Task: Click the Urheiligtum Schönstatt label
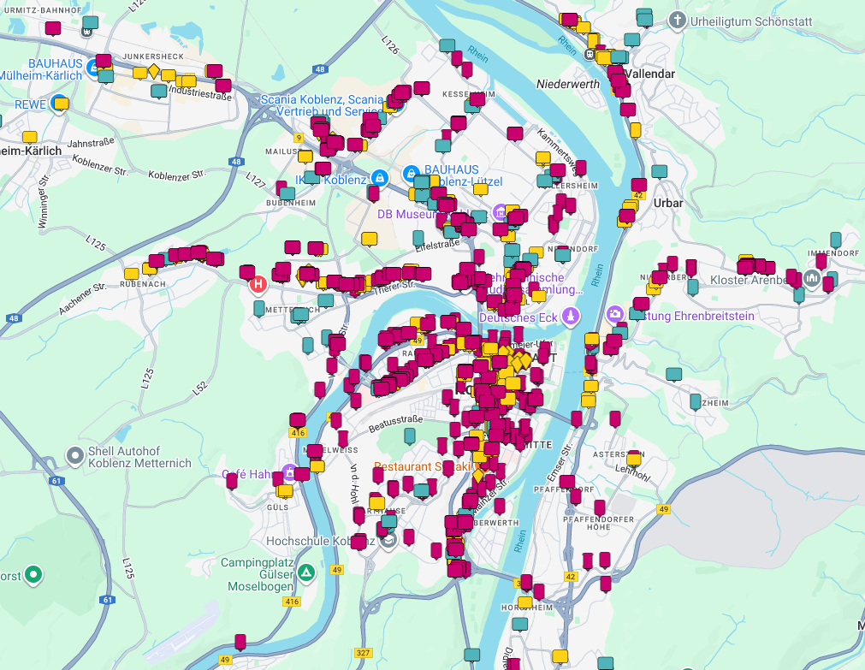tap(752, 20)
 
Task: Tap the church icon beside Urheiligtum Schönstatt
tap(677, 20)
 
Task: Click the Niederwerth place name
tap(568, 84)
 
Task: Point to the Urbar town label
tap(668, 203)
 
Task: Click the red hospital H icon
tap(258, 283)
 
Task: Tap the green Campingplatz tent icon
tap(306, 572)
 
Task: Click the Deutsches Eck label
tap(518, 317)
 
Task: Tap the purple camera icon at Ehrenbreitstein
tap(613, 315)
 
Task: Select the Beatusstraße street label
tap(395, 420)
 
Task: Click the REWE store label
tap(30, 104)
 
